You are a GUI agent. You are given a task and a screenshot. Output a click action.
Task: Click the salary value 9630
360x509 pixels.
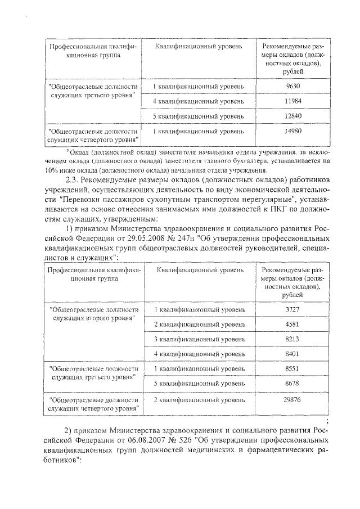click(x=291, y=86)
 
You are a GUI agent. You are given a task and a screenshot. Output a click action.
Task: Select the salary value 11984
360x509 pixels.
click(x=291, y=101)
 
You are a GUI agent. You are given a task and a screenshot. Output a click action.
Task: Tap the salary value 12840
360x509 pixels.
click(x=291, y=116)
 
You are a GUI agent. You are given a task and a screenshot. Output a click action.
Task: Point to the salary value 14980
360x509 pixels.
click(x=291, y=132)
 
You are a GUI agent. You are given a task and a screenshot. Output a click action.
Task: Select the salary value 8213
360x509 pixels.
click(x=291, y=340)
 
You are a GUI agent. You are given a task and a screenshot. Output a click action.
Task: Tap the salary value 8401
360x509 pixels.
click(x=291, y=354)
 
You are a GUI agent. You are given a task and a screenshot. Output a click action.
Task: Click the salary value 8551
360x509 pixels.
click(x=291, y=369)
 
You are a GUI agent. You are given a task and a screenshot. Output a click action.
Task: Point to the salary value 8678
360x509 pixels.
click(x=291, y=383)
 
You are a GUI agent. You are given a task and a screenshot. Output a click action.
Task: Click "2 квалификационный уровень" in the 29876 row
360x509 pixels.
click(x=199, y=399)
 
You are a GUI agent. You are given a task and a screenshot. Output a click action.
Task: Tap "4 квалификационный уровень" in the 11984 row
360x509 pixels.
click(x=199, y=101)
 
